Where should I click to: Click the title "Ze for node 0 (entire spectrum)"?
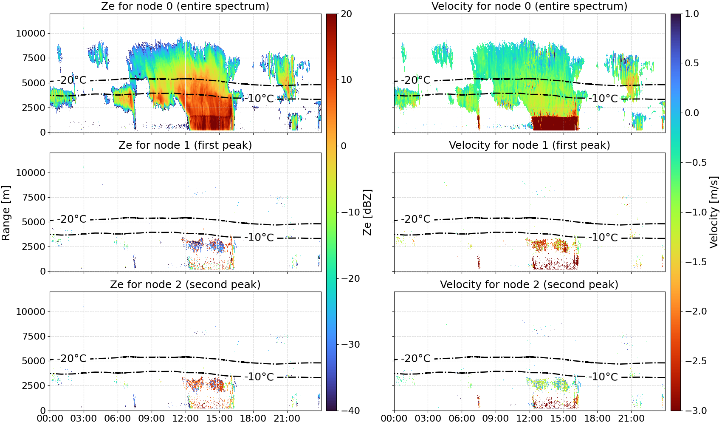click(185, 6)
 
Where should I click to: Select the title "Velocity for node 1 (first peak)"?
click(529, 145)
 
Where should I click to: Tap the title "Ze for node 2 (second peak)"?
click(185, 284)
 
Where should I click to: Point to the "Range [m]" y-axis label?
click(6, 212)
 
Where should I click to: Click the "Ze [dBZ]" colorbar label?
click(367, 212)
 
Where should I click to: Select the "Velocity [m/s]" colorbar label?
click(714, 212)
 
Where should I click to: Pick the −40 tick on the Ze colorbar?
click(350, 411)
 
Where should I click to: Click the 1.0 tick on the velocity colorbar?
click(692, 14)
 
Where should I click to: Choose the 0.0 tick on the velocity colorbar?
click(692, 113)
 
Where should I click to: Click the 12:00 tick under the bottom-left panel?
click(185, 419)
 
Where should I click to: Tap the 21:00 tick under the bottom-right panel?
click(631, 419)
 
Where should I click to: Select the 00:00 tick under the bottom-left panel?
click(50, 419)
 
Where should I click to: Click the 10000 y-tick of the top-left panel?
click(31, 33)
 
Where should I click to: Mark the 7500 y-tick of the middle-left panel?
click(34, 197)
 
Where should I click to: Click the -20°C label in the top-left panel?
click(72, 80)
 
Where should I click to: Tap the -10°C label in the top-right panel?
click(604, 98)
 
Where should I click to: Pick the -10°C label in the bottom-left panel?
click(259, 377)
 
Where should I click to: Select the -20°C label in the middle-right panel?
click(416, 219)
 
